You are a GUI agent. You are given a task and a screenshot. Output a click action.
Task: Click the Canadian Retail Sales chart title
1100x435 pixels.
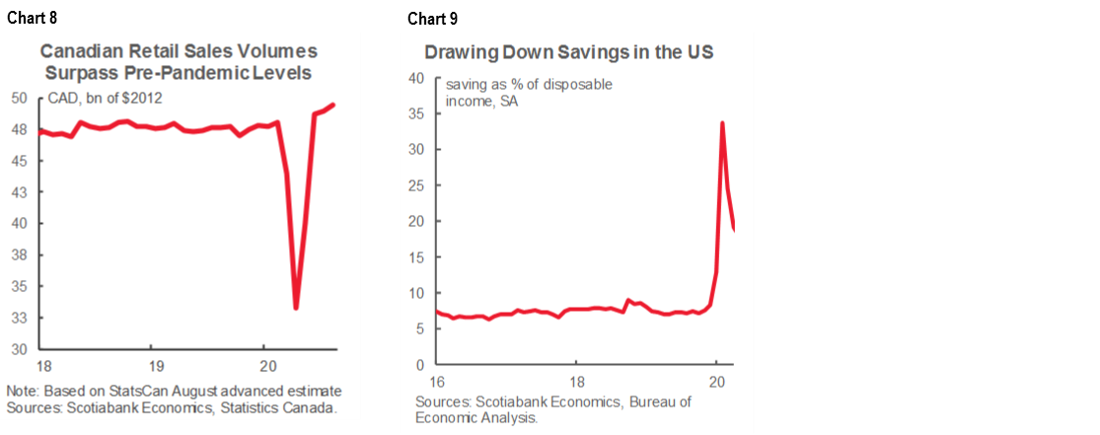(178, 61)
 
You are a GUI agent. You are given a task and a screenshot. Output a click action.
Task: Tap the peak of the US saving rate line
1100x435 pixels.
(723, 123)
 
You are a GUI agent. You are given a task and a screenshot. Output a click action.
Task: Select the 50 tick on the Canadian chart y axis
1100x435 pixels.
(20, 98)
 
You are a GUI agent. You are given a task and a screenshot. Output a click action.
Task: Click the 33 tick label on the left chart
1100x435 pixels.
(20, 318)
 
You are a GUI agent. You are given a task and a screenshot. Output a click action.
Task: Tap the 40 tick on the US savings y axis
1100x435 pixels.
(415, 78)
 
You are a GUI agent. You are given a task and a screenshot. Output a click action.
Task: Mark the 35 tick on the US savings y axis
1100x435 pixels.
(415, 113)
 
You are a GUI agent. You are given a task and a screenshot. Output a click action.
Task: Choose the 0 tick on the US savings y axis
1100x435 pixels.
(419, 365)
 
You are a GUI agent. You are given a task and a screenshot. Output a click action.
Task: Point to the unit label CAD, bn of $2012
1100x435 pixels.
(99, 98)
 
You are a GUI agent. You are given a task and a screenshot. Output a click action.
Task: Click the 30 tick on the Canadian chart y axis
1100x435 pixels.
(20, 349)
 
